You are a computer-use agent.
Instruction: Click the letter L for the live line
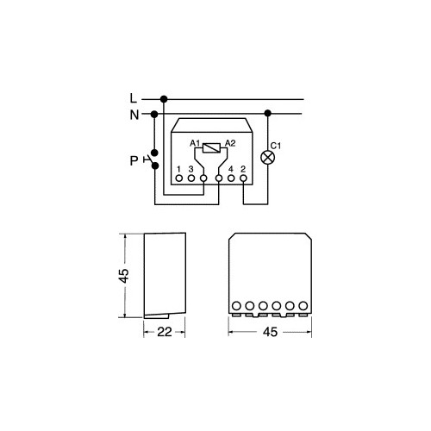point(134,98)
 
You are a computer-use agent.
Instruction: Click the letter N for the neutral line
point(134,115)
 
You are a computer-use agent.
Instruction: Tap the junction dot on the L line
point(164,99)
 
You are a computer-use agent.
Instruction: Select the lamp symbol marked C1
point(267,158)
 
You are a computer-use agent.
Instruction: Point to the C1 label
point(276,146)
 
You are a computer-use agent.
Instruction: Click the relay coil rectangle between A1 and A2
point(211,147)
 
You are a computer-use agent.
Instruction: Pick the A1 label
point(195,143)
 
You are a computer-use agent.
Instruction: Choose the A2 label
point(230,143)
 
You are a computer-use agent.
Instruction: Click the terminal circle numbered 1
point(179,178)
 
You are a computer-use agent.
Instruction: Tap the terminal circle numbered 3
point(191,178)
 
